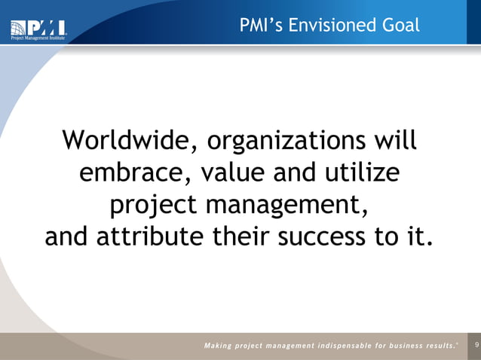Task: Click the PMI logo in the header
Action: click(x=38, y=28)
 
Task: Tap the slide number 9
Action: click(x=474, y=345)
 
